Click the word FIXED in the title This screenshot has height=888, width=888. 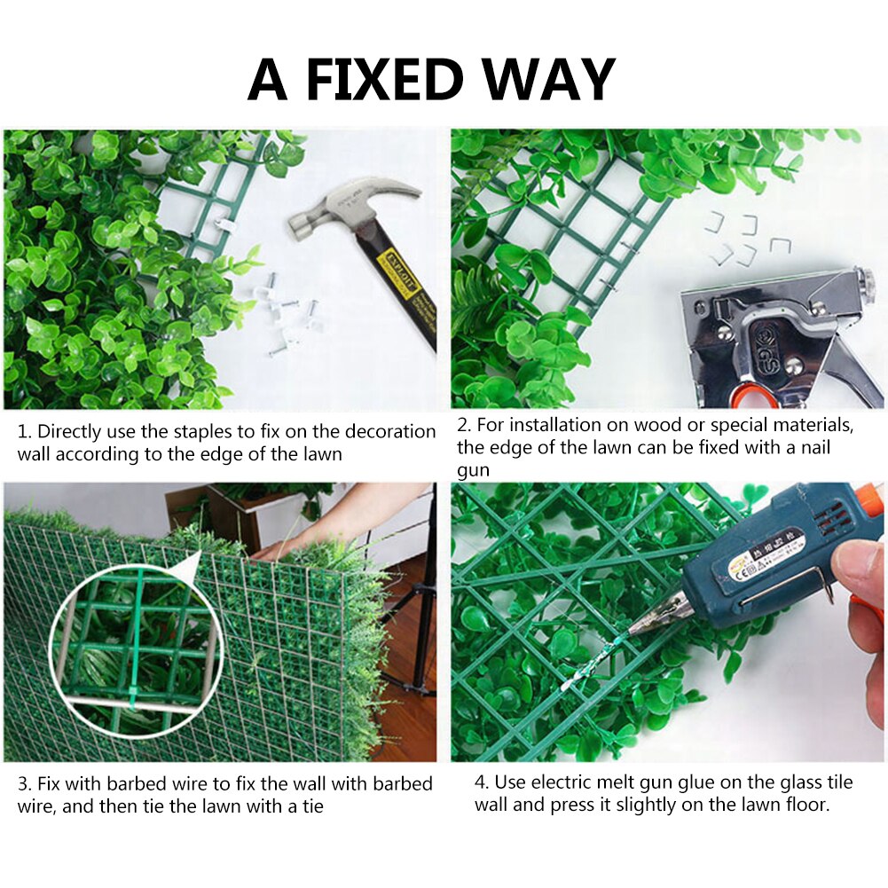[384, 79]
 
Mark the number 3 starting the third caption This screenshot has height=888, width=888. [22, 784]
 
